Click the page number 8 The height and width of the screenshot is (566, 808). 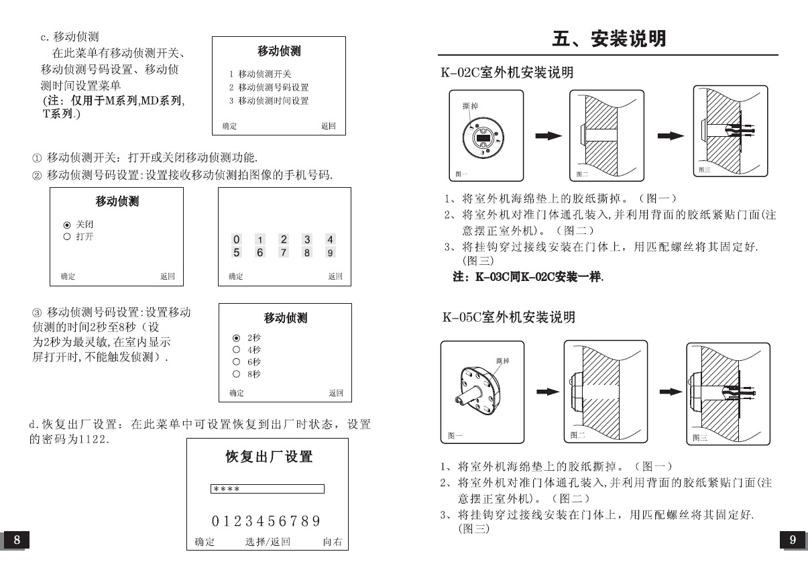pyautogui.click(x=17, y=540)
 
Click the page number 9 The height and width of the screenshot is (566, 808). pyautogui.click(x=792, y=540)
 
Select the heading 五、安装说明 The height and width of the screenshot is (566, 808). pyautogui.click(x=609, y=39)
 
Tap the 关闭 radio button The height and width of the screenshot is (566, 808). pyautogui.click(x=66, y=225)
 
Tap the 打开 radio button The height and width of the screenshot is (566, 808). pyautogui.click(x=66, y=237)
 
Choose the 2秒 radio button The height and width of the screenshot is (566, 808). pyautogui.click(x=236, y=338)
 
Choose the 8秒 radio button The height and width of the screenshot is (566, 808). pyautogui.click(x=236, y=374)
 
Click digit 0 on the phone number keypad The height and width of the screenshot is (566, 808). pyautogui.click(x=236, y=239)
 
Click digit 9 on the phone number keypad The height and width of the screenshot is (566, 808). pyautogui.click(x=330, y=253)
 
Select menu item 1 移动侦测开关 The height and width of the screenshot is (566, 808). pyautogui.click(x=260, y=74)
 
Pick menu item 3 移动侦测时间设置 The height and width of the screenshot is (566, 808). pyautogui.click(x=269, y=101)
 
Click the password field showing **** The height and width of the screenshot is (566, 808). pyautogui.click(x=267, y=489)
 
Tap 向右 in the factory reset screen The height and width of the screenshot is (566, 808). pyautogui.click(x=333, y=542)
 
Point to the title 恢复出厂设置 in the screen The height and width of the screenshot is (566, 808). pyautogui.click(x=268, y=457)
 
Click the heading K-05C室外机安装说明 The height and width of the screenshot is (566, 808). pyautogui.click(x=508, y=317)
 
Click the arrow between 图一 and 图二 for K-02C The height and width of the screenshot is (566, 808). pyautogui.click(x=549, y=136)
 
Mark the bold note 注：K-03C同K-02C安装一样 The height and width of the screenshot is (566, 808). pyautogui.click(x=528, y=276)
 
